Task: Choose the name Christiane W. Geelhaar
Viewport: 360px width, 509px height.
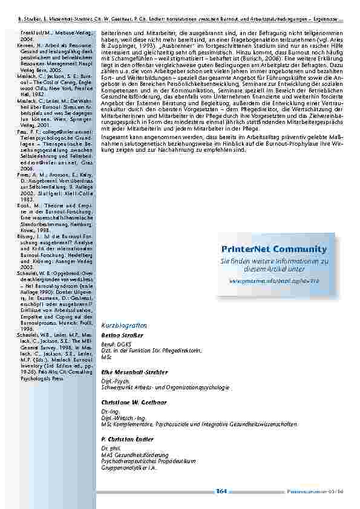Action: click(x=134, y=402)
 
